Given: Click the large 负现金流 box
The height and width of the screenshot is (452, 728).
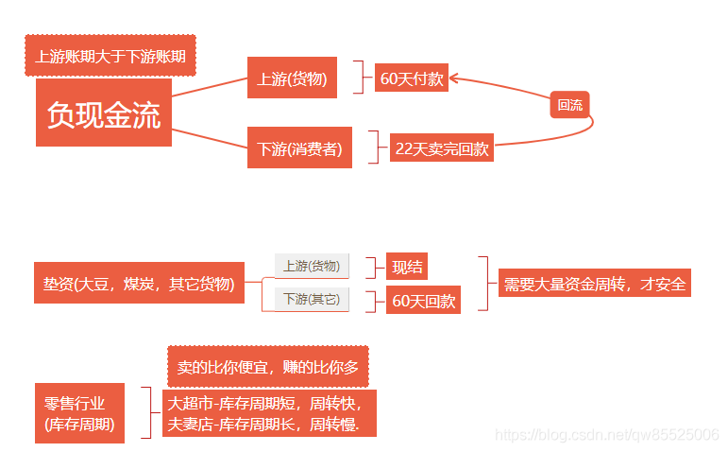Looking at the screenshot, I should click(104, 113).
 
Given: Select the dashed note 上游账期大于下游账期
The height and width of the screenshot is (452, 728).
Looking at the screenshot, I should click(110, 57).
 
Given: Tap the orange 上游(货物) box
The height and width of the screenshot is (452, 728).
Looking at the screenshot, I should click(292, 78).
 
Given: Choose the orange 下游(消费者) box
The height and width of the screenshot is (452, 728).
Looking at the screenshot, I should click(299, 148).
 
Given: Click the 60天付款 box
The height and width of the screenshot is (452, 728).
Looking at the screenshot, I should click(411, 78).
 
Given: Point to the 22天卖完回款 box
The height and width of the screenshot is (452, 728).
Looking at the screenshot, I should click(442, 148).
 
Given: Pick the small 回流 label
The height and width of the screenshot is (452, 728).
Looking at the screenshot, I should click(570, 105).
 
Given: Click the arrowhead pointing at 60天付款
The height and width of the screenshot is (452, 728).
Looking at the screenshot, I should click(454, 78).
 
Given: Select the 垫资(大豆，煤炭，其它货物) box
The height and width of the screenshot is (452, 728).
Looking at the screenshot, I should click(138, 283).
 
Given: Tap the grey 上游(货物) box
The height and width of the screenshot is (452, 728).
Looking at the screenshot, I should click(312, 266).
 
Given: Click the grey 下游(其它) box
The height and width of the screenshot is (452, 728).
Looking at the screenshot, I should click(312, 299).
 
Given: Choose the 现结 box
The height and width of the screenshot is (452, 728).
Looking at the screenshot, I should click(408, 267).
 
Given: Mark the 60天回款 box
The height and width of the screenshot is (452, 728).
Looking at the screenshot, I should click(424, 301).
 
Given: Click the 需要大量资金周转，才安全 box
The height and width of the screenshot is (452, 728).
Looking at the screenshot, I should click(595, 283).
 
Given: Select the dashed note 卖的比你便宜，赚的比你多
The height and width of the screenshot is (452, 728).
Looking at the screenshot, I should click(268, 365).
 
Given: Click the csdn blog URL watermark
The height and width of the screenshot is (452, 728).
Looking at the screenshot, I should click(607, 434).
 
